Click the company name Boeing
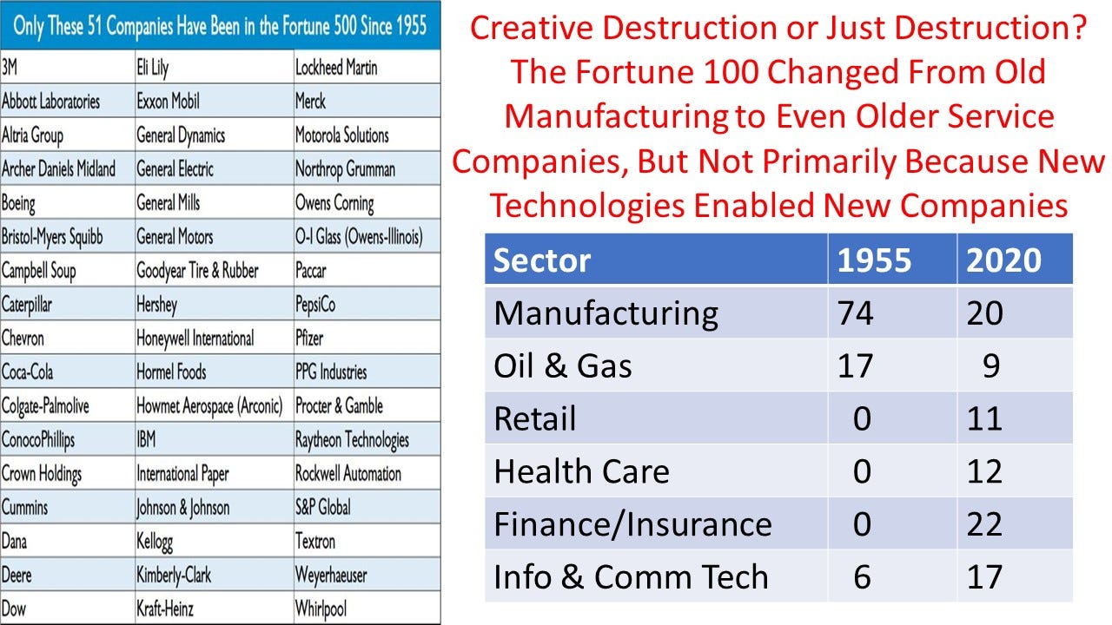click(19, 203)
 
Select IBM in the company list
click(146, 439)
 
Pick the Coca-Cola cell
click(28, 372)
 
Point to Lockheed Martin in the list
click(336, 67)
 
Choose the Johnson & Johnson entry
click(182, 507)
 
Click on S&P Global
click(322, 507)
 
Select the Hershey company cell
click(156, 305)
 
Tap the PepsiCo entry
click(315, 305)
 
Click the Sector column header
click(542, 260)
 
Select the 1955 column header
click(874, 260)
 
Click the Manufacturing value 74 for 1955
click(856, 313)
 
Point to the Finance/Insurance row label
click(632, 524)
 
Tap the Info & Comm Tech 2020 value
click(984, 577)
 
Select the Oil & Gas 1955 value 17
click(856, 366)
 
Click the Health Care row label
click(581, 471)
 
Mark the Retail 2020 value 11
click(984, 419)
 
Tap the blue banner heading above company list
click(221, 24)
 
